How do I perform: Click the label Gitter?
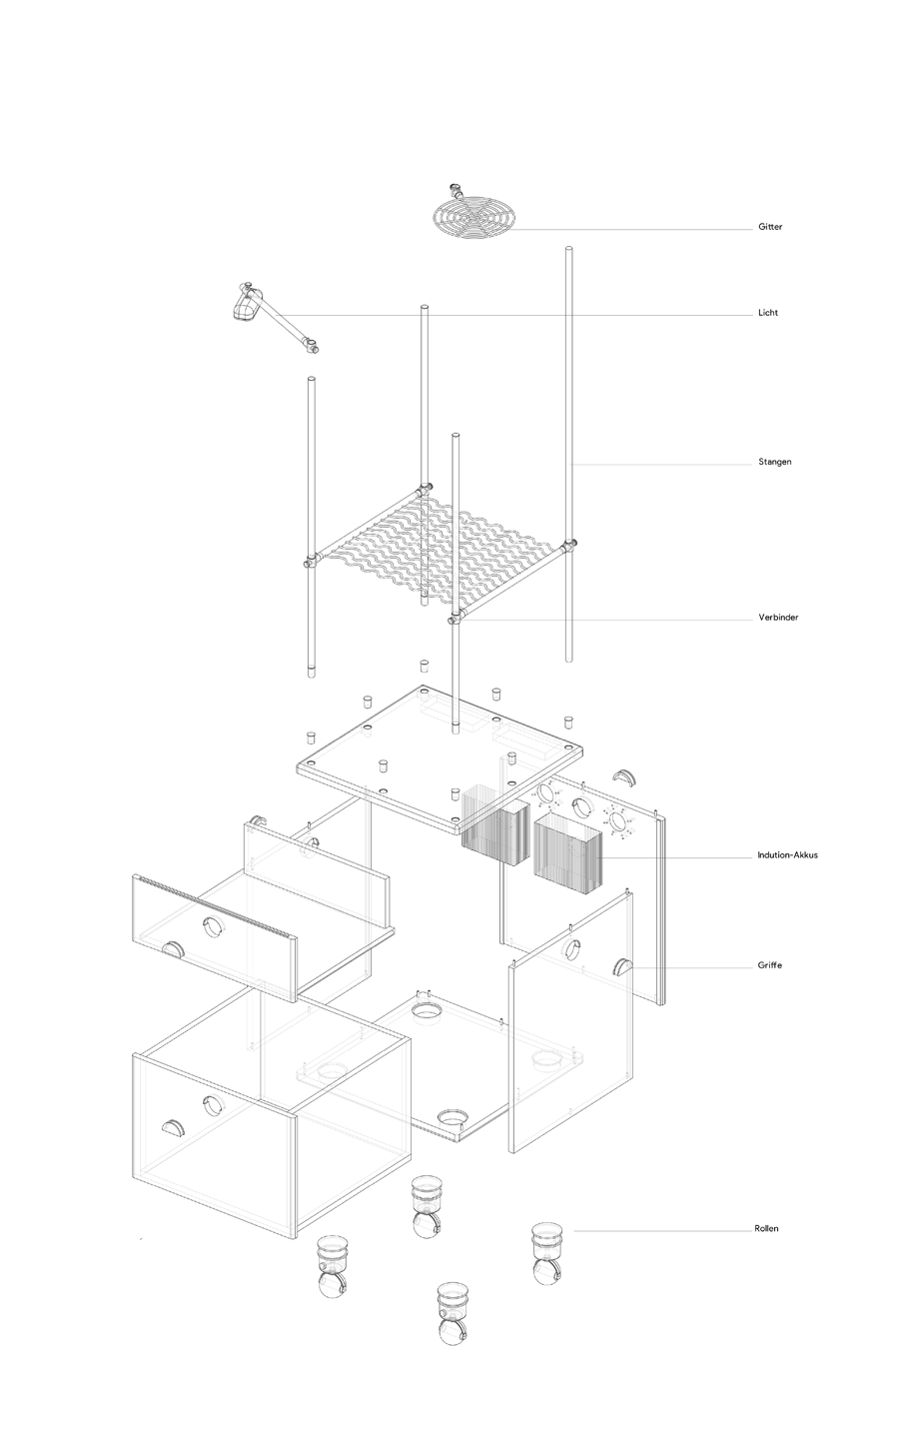770,228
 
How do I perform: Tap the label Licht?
768,313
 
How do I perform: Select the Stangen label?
774,462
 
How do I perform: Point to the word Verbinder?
778,618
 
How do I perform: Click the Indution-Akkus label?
787,855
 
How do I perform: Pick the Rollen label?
766,1228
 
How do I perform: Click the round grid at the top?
475,215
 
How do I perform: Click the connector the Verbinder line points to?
456,619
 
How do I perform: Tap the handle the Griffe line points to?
625,965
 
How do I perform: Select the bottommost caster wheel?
453,1312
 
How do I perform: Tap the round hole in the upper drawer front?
213,926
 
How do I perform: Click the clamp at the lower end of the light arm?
314,348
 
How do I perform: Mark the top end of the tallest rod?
569,248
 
